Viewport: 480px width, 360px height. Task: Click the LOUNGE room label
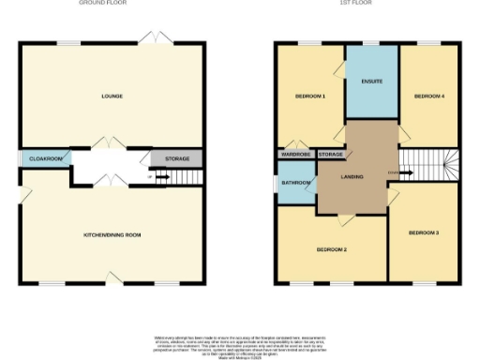(112, 97)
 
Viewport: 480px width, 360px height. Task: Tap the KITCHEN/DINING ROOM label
(112, 234)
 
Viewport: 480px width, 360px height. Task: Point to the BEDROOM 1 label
(310, 97)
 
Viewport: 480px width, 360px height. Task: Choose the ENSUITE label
(372, 82)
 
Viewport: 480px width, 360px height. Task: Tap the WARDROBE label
(295, 154)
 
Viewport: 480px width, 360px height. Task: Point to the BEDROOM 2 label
(332, 250)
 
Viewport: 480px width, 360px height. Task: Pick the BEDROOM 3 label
(425, 232)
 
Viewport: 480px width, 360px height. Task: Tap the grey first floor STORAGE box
(330, 154)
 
